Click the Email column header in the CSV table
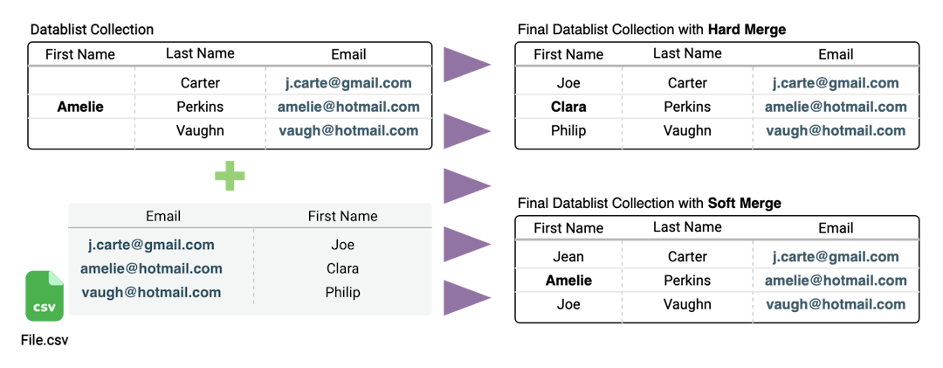coord(163,216)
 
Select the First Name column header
coord(342,216)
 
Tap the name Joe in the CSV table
coord(342,245)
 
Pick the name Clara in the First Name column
coord(342,268)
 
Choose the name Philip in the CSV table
coord(342,292)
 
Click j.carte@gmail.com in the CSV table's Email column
coord(151,245)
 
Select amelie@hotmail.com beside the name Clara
coord(151,268)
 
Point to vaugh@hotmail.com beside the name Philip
coord(151,292)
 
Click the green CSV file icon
coord(45,296)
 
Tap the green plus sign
coord(230,176)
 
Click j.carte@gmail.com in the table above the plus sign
coord(348,84)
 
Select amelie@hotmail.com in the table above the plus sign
coord(348,107)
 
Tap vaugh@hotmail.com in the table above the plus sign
coord(348,131)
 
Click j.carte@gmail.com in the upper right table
coord(836,84)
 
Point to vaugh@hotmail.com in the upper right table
coord(836,131)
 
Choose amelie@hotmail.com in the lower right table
coord(836,281)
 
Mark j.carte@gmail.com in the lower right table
coord(836,257)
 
